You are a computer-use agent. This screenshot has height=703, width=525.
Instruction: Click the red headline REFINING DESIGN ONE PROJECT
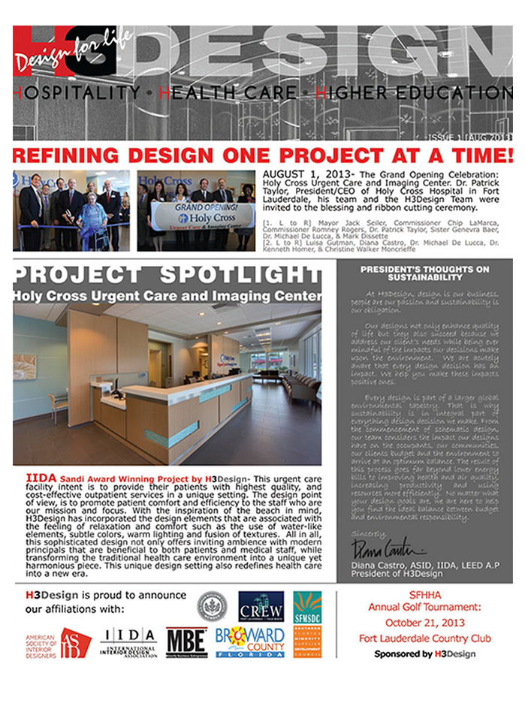tap(262, 155)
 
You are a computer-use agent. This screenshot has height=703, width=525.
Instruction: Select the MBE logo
tap(186, 642)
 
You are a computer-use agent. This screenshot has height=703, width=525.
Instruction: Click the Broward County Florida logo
tap(250, 642)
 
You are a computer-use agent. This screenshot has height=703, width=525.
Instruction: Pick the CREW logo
tap(261, 606)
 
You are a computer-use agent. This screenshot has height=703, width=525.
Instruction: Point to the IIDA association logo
tap(128, 641)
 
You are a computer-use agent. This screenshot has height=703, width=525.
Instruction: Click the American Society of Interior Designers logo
tap(58, 643)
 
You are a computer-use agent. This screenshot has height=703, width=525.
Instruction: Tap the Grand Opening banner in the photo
tap(197, 216)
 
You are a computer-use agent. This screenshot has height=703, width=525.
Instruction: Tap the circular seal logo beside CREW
tap(212, 605)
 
